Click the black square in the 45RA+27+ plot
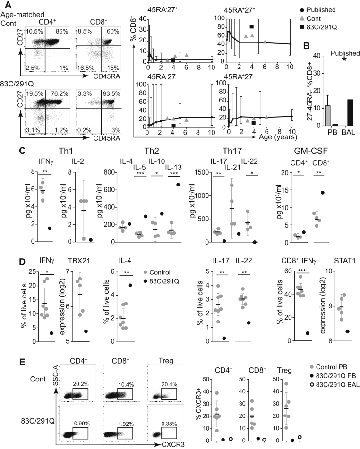(252, 26)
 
